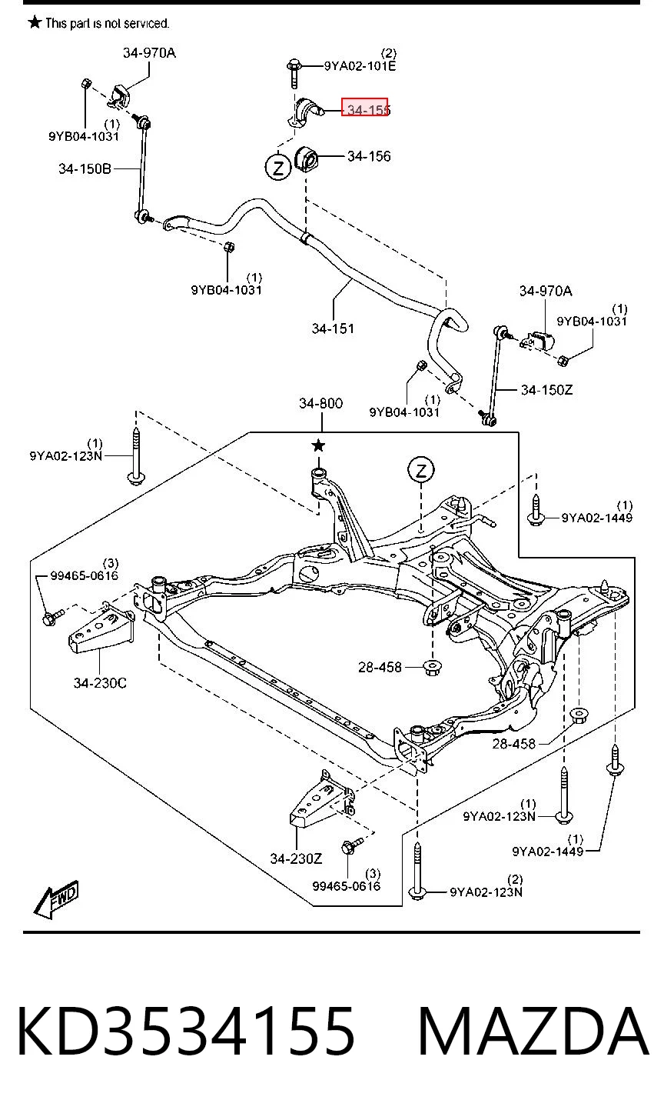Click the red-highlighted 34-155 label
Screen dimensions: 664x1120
(365, 107)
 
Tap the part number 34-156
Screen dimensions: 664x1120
(369, 156)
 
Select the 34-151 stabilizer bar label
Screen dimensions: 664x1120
(333, 328)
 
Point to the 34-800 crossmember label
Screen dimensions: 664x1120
(320, 403)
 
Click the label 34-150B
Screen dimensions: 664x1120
(85, 169)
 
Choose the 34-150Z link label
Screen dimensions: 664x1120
(546, 389)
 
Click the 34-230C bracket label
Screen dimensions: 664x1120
(100, 682)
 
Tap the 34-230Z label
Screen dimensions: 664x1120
(297, 858)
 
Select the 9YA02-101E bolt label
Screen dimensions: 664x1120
(360, 66)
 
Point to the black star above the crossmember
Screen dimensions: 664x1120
(318, 445)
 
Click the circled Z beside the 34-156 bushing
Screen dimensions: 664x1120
(277, 167)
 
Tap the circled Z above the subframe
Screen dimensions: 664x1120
(420, 470)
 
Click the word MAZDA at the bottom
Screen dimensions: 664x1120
(533, 1032)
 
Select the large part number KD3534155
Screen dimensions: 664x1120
(186, 1032)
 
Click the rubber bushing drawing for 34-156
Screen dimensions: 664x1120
(307, 158)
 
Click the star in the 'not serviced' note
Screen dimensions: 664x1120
(35, 22)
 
